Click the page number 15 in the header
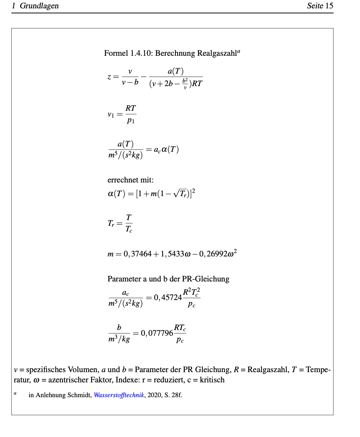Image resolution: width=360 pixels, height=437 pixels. point(329,6)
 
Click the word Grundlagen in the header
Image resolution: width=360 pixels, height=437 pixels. point(39,6)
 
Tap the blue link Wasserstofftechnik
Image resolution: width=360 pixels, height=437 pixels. point(119,395)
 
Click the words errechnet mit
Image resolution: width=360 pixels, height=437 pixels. point(130,180)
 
